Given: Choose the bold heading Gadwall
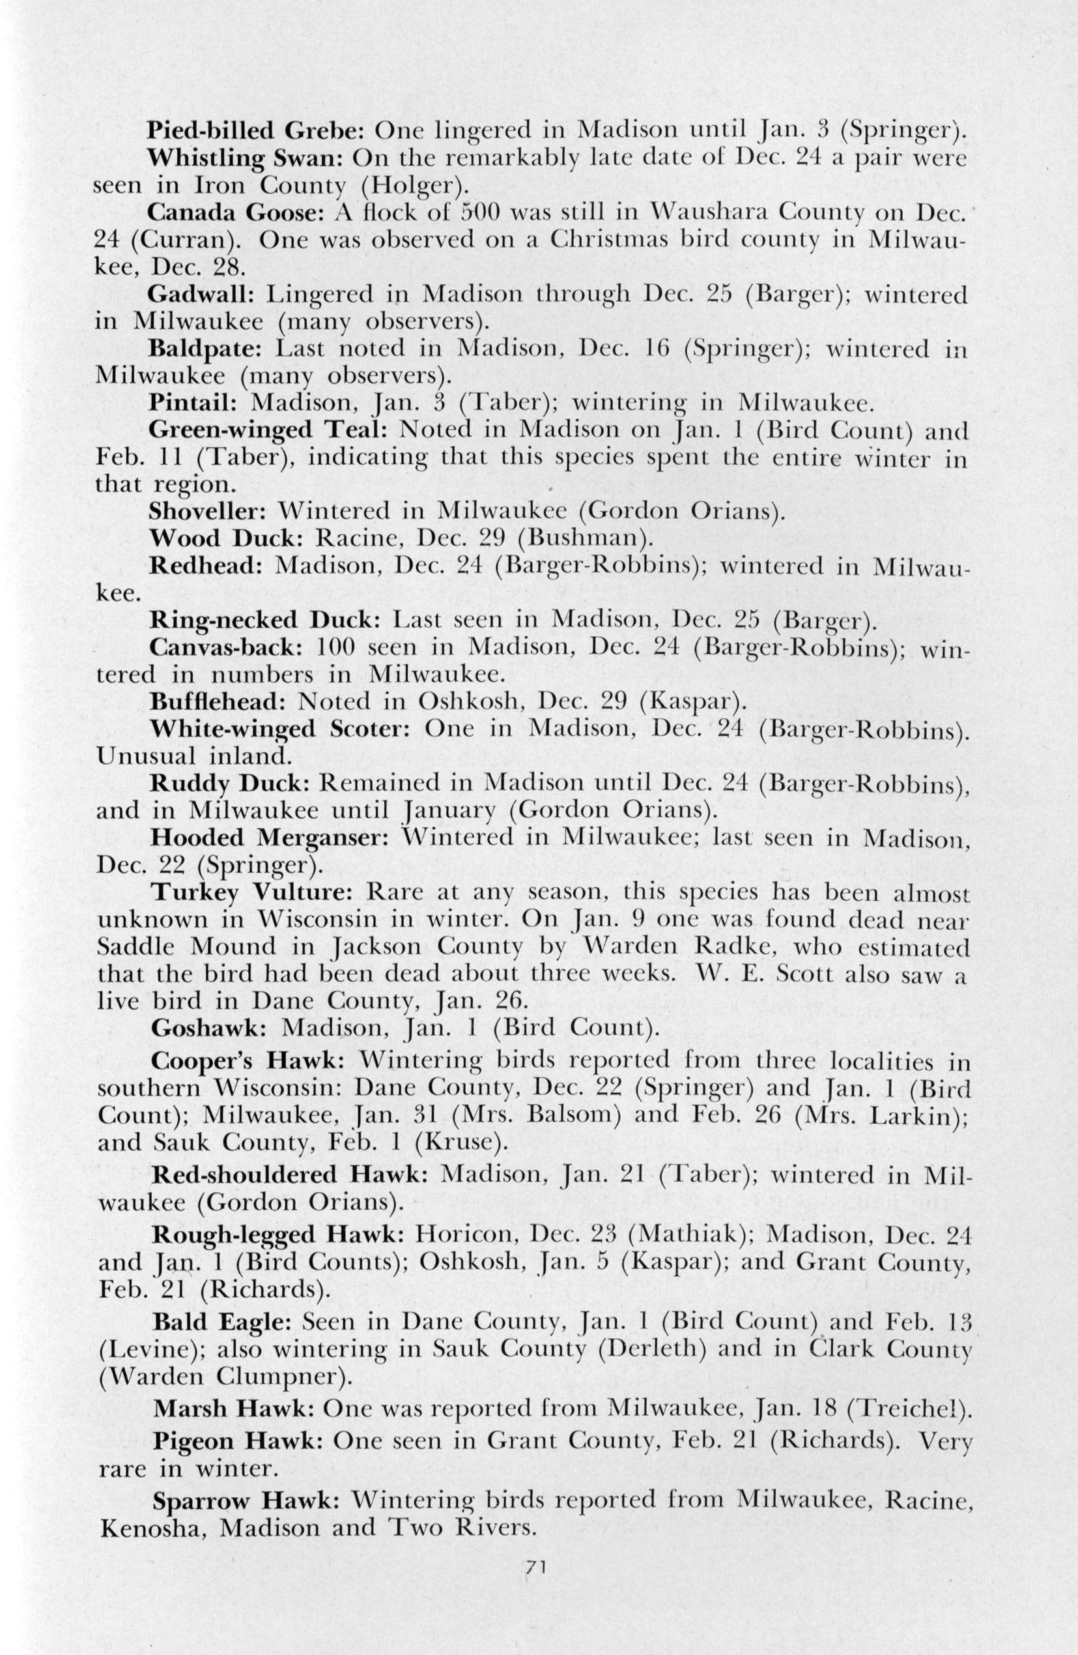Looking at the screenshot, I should pos(198,295).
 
